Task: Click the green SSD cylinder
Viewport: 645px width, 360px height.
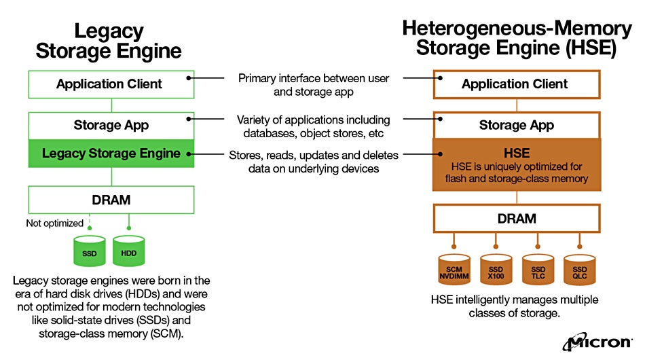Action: tap(89, 251)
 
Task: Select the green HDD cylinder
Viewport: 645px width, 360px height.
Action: tap(129, 251)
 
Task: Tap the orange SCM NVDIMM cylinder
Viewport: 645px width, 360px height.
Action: tap(454, 270)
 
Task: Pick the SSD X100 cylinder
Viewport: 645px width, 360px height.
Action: tap(496, 270)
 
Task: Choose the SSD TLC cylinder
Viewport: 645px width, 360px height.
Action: tap(538, 270)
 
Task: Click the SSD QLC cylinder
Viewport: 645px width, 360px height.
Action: tap(580, 270)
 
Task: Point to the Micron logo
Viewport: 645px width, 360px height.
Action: tap(597, 342)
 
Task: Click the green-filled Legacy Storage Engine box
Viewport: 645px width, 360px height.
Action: tap(111, 154)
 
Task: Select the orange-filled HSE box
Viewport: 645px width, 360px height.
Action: tap(517, 164)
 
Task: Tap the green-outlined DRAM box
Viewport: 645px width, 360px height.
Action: tap(111, 200)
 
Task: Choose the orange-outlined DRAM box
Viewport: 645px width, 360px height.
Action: tap(517, 219)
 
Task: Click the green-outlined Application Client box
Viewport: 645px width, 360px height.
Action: tap(111, 84)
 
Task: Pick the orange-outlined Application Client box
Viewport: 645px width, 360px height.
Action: tap(517, 84)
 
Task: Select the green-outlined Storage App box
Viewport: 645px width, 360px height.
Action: tap(111, 126)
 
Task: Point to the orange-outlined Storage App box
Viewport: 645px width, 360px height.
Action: tap(517, 125)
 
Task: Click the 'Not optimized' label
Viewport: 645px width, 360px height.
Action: tap(55, 223)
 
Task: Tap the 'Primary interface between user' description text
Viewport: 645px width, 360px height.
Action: tap(314, 78)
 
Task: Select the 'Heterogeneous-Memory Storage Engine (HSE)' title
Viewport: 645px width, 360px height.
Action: tap(517, 38)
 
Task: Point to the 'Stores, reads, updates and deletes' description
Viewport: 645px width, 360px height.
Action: tap(314, 155)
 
